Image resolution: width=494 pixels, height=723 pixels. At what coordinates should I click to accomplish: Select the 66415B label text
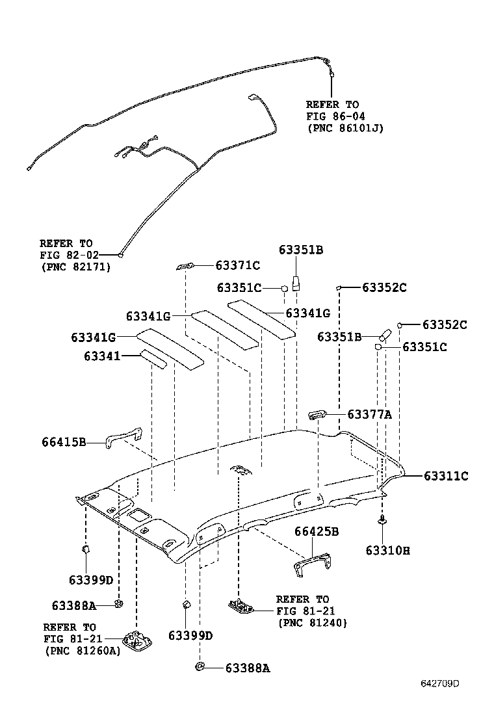coord(64,443)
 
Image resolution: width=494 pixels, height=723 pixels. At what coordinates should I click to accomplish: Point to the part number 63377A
coord(369,414)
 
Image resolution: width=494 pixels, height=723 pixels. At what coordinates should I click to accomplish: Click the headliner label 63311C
coord(446,476)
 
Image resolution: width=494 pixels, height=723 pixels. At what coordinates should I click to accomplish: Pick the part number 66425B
coord(317,531)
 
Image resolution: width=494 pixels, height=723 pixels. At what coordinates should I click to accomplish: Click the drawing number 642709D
coord(439,683)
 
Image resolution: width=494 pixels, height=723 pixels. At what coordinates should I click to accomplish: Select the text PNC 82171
coord(75,267)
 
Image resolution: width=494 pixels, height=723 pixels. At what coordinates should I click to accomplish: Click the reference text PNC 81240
coord(312,623)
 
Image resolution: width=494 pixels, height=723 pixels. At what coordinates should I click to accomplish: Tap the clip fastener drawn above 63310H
coord(382,520)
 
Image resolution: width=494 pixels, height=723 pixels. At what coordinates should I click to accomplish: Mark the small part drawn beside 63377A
coord(317,415)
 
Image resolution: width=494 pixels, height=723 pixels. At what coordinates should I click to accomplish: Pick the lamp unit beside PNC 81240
coord(240,606)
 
